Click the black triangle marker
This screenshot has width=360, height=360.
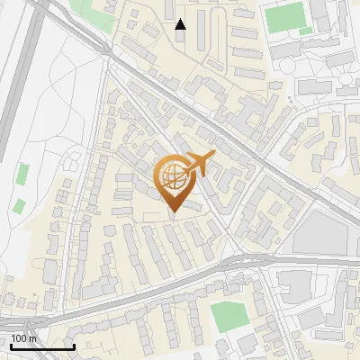point(181,24)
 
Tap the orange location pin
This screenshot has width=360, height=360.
point(177,180)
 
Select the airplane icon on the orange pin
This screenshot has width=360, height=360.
point(199,163)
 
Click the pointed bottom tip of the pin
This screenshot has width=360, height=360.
point(174,213)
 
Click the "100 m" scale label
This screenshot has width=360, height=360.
point(23,338)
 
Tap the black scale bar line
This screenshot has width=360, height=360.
point(42,346)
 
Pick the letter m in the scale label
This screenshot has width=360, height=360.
point(32,338)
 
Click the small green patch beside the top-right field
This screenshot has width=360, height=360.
point(306,31)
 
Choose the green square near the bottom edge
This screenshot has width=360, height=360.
point(228,316)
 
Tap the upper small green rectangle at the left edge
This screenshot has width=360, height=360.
point(22,172)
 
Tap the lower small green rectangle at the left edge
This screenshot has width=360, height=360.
point(18,205)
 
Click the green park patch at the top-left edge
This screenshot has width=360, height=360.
point(87,9)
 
